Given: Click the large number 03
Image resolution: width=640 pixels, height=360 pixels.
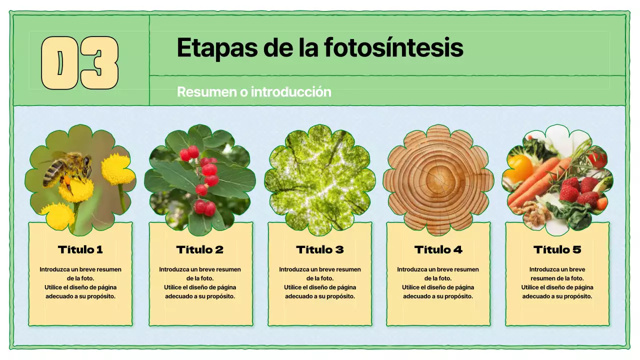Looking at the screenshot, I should tap(79, 63).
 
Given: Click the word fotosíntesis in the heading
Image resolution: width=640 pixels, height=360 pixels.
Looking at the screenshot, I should tap(393, 47).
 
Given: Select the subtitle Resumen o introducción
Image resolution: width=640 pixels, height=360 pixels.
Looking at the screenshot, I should tap(254, 92).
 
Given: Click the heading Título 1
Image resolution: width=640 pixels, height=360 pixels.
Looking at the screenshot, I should tap(80, 249).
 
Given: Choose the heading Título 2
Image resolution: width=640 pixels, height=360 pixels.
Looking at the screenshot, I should tap(200, 249).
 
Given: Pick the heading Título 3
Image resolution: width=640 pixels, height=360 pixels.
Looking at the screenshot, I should tap(320, 249).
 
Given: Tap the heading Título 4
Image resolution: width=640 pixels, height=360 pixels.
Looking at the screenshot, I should tap(438, 249).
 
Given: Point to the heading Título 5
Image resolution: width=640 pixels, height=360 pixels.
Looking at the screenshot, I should tap(557, 249).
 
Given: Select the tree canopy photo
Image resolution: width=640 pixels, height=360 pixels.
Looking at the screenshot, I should tap(320, 180).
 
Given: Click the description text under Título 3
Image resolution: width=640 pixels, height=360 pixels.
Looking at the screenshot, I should tap(320, 282).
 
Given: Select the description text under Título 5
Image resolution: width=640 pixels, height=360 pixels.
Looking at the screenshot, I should tap(557, 282).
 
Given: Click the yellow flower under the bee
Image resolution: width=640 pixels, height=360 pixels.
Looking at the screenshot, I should tap(76, 190).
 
